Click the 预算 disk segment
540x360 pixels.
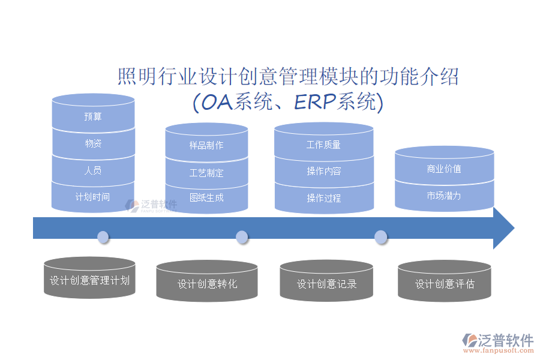coord(93,116)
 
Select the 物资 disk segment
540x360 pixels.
coord(93,143)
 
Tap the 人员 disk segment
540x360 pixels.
coord(93,170)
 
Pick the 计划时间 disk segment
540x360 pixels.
coord(93,197)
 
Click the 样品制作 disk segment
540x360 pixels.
coord(206,145)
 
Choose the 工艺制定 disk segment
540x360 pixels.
coord(206,173)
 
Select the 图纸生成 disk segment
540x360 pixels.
coord(206,197)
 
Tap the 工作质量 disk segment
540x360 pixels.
coord(323,145)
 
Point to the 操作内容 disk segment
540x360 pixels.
coord(323,172)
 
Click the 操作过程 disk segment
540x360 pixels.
coord(323,198)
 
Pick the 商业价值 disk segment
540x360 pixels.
coord(444,169)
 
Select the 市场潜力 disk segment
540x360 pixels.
coord(444,196)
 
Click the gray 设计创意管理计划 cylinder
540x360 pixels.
coord(89,280)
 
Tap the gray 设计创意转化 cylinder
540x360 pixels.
coord(207,283)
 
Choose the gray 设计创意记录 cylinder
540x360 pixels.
coord(326,283)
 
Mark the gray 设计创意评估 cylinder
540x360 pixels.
coord(445,283)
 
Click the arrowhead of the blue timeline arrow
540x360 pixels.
coord(503,229)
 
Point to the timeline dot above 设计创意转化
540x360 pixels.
coord(242,237)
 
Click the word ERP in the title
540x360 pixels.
coord(314,103)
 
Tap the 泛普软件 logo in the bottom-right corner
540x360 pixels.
coord(497,343)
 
